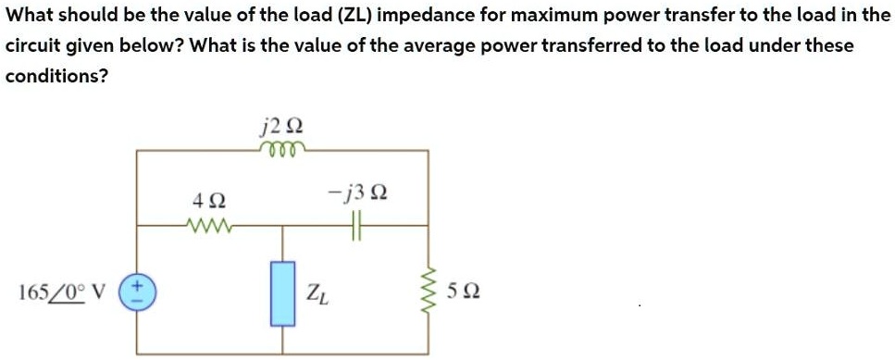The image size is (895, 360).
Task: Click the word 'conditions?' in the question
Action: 56,76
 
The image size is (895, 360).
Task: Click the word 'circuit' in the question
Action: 31,45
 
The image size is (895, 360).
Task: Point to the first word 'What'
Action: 27,16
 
